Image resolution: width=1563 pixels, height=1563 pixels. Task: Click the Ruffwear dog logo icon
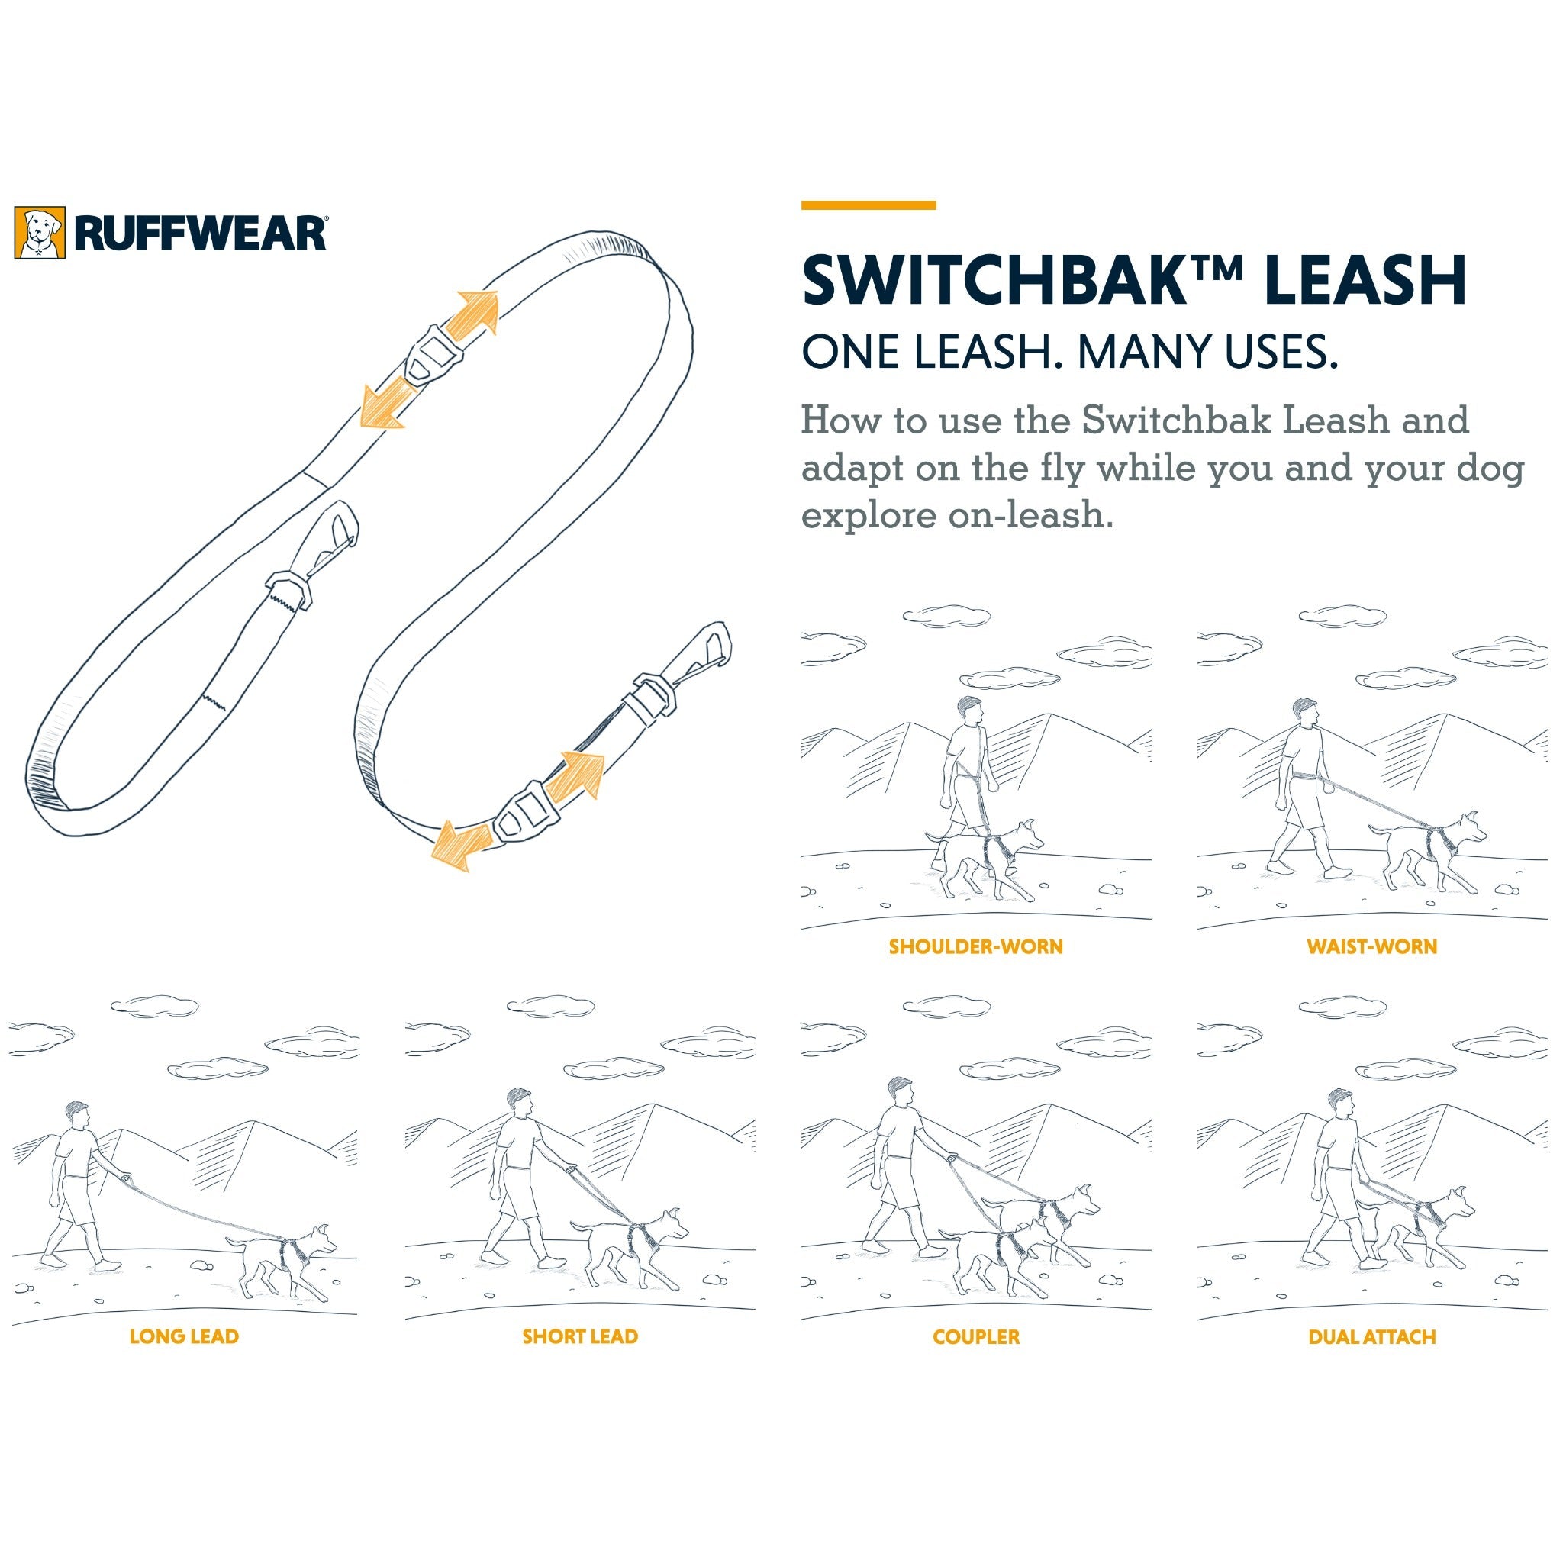[40, 233]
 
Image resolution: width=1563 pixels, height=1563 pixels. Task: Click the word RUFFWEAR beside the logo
[200, 233]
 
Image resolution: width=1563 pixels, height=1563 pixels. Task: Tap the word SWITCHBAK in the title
[1002, 280]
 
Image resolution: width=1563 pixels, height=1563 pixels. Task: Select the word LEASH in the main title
[1365, 280]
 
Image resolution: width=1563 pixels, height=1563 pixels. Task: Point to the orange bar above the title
[869, 205]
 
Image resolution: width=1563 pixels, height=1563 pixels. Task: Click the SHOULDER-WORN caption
[975, 946]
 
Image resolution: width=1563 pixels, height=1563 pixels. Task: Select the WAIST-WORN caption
[1372, 946]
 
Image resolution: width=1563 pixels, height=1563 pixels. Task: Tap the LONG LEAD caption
[185, 1336]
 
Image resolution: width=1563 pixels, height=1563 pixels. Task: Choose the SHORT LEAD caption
[580, 1336]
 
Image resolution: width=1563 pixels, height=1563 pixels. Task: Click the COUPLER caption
[975, 1336]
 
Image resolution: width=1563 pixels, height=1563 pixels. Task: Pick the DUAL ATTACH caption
[1372, 1336]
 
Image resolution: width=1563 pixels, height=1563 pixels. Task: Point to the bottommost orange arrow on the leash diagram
[461, 844]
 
